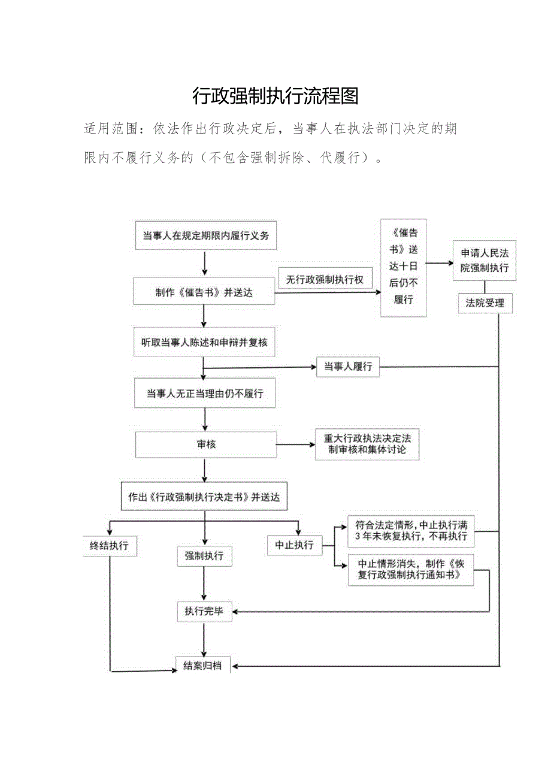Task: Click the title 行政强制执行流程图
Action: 275,96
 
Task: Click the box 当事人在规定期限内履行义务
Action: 205,235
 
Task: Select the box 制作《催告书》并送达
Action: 204,293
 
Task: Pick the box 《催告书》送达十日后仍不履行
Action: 404,267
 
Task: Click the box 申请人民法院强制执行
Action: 484,260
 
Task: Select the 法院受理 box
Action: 485,303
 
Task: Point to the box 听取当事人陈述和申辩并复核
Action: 204,342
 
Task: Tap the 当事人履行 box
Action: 347,366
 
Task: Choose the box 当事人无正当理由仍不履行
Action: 205,394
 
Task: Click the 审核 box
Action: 206,445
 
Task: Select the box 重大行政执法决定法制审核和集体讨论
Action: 367,444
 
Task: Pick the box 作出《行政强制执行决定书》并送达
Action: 204,497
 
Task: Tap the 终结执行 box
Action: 109,546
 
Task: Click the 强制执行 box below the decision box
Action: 204,556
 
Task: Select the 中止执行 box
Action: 294,545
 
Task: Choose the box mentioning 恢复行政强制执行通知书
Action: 411,569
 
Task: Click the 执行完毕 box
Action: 204,611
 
